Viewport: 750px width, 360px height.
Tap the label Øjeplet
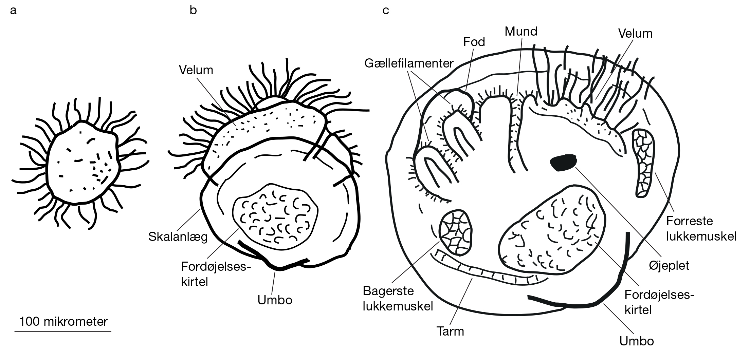(x=669, y=265)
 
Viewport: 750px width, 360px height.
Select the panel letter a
(x=13, y=11)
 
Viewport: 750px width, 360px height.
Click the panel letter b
(x=193, y=10)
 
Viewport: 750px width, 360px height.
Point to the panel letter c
(x=386, y=11)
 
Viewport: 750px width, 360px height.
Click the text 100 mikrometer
(x=63, y=321)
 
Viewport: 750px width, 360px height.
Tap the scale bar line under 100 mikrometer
(x=63, y=331)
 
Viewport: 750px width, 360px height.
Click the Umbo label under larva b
(x=275, y=300)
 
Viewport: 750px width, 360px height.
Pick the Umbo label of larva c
(x=637, y=341)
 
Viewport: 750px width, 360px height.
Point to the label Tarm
(x=450, y=331)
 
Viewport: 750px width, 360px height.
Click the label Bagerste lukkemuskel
(x=398, y=299)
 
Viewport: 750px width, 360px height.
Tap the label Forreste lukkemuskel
(x=701, y=229)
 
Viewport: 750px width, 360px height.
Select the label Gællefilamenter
(x=409, y=63)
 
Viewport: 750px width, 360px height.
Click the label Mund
(x=521, y=32)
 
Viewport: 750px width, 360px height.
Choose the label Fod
(x=474, y=42)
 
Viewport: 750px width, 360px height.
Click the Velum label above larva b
(x=196, y=70)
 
